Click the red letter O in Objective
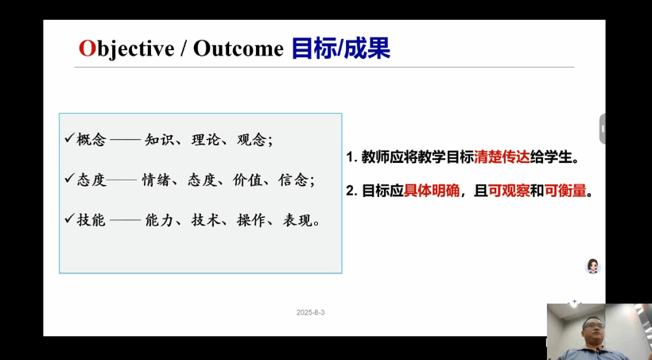(87, 48)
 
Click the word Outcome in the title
(239, 48)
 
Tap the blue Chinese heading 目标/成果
(341, 48)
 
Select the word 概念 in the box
(91, 139)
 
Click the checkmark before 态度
(69, 178)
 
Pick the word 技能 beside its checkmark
(91, 219)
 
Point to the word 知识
(159, 139)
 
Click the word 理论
(205, 139)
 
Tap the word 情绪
(157, 180)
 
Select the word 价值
(247, 180)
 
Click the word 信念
(293, 180)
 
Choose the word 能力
(159, 219)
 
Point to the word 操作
(251, 219)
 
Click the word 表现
(297, 219)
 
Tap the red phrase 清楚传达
(502, 157)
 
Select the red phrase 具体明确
(432, 191)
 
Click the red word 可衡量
(565, 191)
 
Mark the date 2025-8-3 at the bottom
(311, 312)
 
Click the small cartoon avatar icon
(592, 266)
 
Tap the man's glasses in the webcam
(593, 326)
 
